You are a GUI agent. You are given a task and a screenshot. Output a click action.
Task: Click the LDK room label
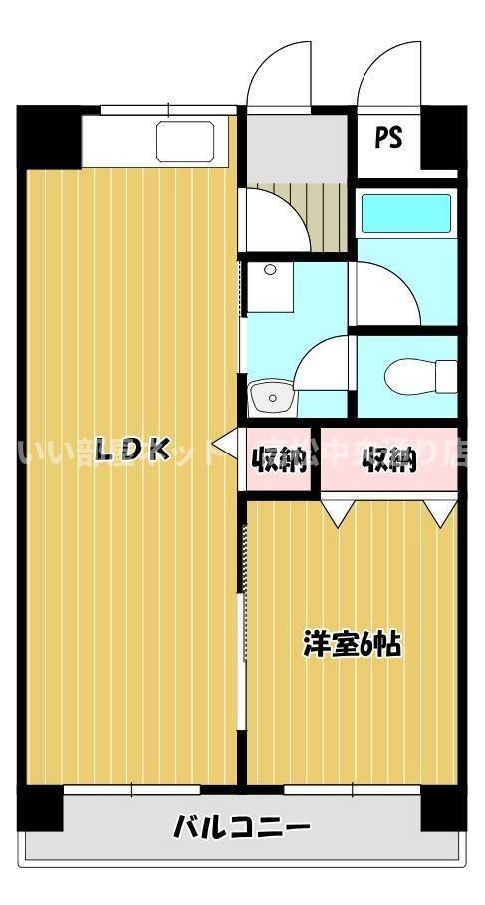pos(133,451)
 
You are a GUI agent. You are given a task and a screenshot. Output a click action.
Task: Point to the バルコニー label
pos(242,826)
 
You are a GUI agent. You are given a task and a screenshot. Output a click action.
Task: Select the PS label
pos(388,138)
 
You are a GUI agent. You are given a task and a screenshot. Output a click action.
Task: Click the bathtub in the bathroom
pos(404,213)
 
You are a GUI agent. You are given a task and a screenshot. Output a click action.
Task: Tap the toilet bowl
pos(412,376)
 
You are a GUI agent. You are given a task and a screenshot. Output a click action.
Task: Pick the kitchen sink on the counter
pos(185,141)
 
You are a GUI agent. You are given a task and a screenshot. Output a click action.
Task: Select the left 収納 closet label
pos(278,461)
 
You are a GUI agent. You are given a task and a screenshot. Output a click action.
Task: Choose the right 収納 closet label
pos(387,461)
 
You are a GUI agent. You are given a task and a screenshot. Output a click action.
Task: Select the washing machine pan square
pos(270,286)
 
